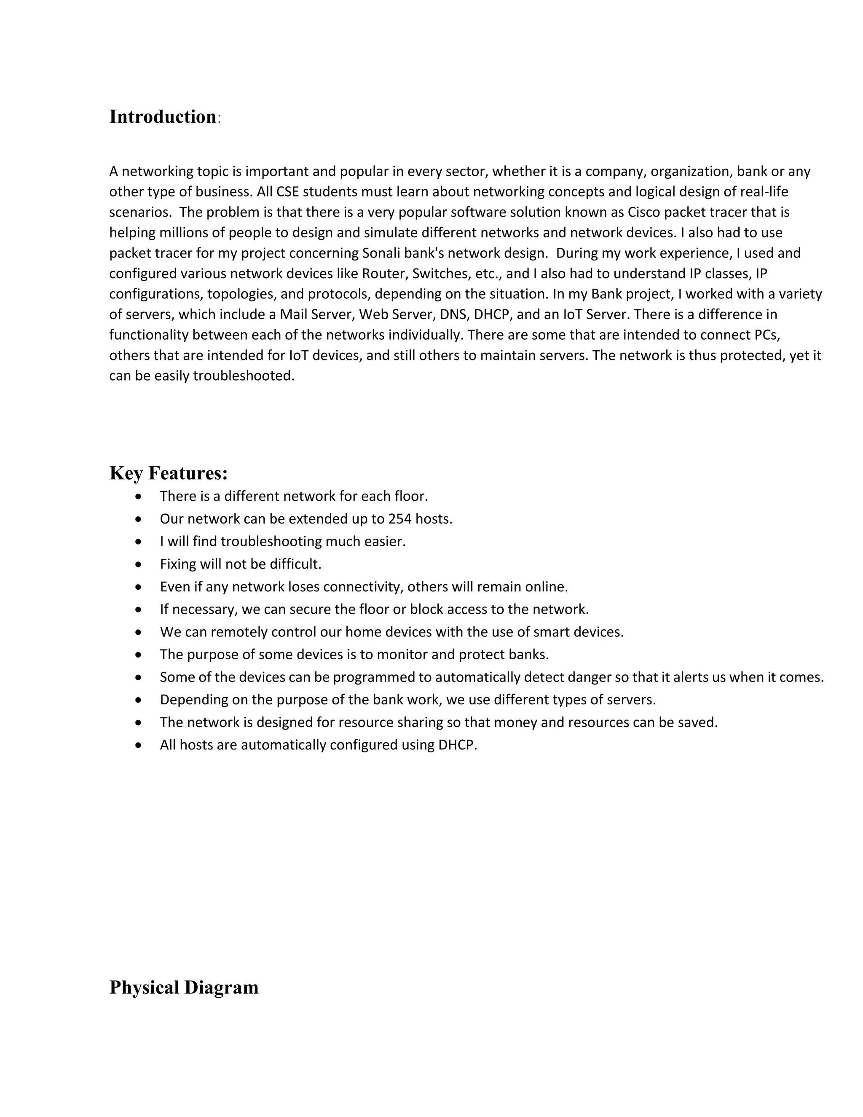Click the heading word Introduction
point(163,117)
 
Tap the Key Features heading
point(168,473)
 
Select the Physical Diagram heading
point(184,987)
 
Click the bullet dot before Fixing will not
point(139,564)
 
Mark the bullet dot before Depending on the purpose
point(139,700)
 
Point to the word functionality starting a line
point(149,335)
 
